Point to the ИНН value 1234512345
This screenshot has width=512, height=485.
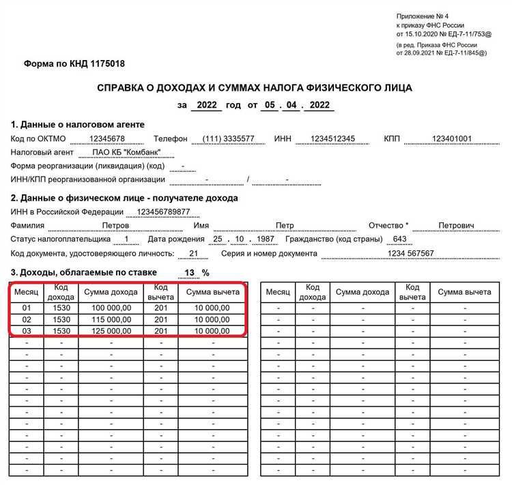(x=332, y=138)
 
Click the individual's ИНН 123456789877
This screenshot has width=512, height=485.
(x=163, y=212)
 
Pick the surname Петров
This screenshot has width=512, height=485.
(x=115, y=225)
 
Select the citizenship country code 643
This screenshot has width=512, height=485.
(x=400, y=239)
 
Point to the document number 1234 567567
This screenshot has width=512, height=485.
(x=411, y=253)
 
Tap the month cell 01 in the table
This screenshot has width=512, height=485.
(x=27, y=308)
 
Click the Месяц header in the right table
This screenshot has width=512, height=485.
(x=278, y=292)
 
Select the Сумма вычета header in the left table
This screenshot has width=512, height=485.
(x=212, y=292)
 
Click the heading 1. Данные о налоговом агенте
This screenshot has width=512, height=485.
(x=78, y=125)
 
